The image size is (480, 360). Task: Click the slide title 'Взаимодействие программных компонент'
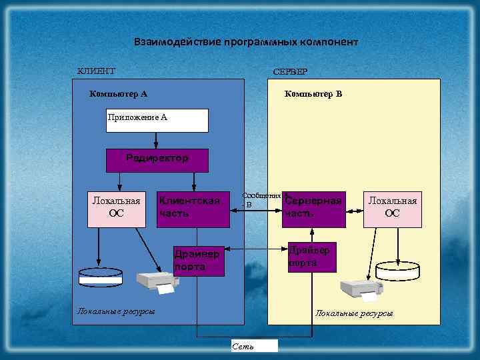pyautogui.click(x=246, y=42)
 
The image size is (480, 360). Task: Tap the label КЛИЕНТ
pyautogui.click(x=96, y=71)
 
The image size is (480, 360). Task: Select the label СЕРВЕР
pyautogui.click(x=290, y=71)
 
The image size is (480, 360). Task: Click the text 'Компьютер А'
pyautogui.click(x=118, y=94)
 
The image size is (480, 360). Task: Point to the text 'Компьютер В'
pyautogui.click(x=313, y=94)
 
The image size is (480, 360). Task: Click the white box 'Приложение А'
pyautogui.click(x=157, y=120)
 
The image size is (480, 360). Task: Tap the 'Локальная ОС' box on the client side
pyautogui.click(x=116, y=207)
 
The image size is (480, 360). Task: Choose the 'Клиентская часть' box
pyautogui.click(x=193, y=207)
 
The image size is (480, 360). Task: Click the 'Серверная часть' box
pyautogui.click(x=313, y=207)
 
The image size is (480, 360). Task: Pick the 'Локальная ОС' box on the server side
pyautogui.click(x=392, y=207)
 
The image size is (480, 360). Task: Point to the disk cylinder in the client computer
pyautogui.click(x=100, y=277)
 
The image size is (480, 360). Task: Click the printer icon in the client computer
pyautogui.click(x=157, y=282)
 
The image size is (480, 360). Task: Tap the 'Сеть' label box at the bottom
pyautogui.click(x=253, y=345)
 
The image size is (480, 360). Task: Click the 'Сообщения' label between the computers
pyautogui.click(x=261, y=196)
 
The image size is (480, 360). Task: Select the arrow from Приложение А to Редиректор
pyautogui.click(x=156, y=141)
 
